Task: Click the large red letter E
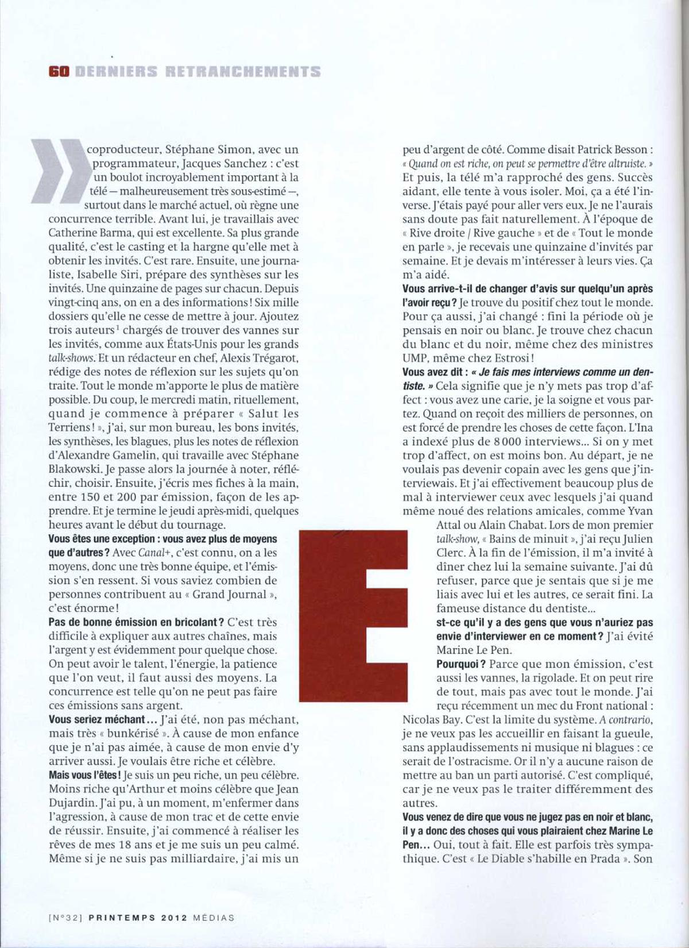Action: (x=354, y=615)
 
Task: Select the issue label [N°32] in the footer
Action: (x=67, y=918)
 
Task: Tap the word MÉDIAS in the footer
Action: (x=214, y=918)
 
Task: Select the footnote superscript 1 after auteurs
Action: (x=117, y=328)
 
